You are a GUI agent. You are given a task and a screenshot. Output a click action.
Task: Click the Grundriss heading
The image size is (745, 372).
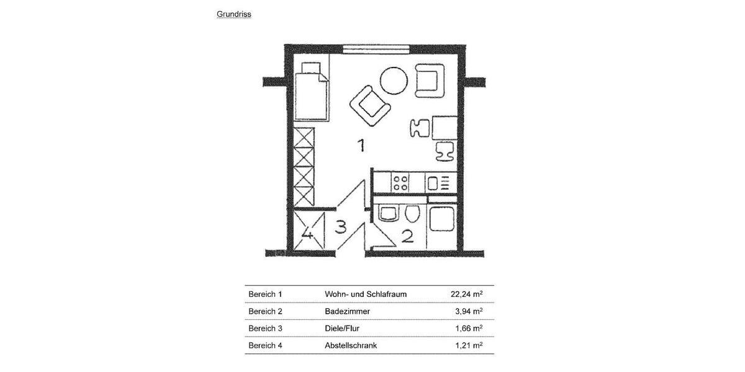(x=234, y=14)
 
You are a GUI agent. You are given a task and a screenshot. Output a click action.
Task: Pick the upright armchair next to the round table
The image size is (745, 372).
(x=430, y=80)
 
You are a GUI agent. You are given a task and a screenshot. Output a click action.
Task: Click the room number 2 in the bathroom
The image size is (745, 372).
(x=408, y=236)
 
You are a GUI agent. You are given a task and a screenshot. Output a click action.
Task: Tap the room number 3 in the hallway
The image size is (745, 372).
(x=340, y=227)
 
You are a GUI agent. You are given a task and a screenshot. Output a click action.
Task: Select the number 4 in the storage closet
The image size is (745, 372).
(x=307, y=234)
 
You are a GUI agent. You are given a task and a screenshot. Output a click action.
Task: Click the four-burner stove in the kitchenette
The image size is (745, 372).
(x=400, y=182)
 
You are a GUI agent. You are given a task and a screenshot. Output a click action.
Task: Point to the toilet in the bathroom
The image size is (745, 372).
(x=411, y=215)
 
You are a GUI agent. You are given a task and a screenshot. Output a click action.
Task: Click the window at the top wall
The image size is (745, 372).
(x=376, y=48)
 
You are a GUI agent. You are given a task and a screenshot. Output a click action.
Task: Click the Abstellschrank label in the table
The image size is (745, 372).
(x=351, y=345)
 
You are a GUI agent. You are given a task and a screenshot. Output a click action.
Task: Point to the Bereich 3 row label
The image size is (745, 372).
(x=265, y=328)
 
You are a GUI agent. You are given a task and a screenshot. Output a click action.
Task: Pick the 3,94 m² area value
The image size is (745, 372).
(x=469, y=311)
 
